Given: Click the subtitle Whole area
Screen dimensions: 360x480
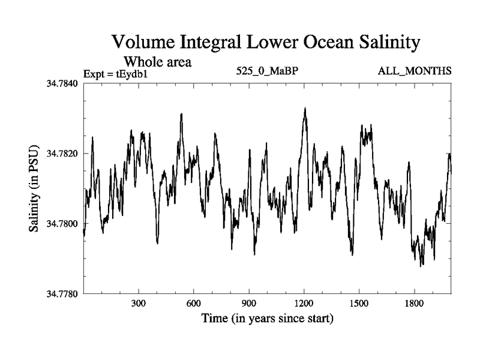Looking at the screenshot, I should pyautogui.click(x=157, y=61).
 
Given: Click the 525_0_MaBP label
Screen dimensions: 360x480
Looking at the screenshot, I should pyautogui.click(x=268, y=71).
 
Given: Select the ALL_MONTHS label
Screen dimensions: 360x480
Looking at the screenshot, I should pyautogui.click(x=415, y=71).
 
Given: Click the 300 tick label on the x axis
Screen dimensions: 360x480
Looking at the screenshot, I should pyautogui.click(x=139, y=304).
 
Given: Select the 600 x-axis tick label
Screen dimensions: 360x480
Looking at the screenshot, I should pyautogui.click(x=194, y=304).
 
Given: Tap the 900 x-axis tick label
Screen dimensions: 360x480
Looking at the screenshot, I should pyautogui.click(x=249, y=304).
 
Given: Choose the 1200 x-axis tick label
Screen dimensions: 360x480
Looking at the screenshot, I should pyautogui.click(x=304, y=304).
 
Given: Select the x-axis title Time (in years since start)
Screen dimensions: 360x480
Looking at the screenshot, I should pyautogui.click(x=268, y=318).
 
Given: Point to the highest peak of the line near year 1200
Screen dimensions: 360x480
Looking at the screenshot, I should pyautogui.click(x=305, y=109).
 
